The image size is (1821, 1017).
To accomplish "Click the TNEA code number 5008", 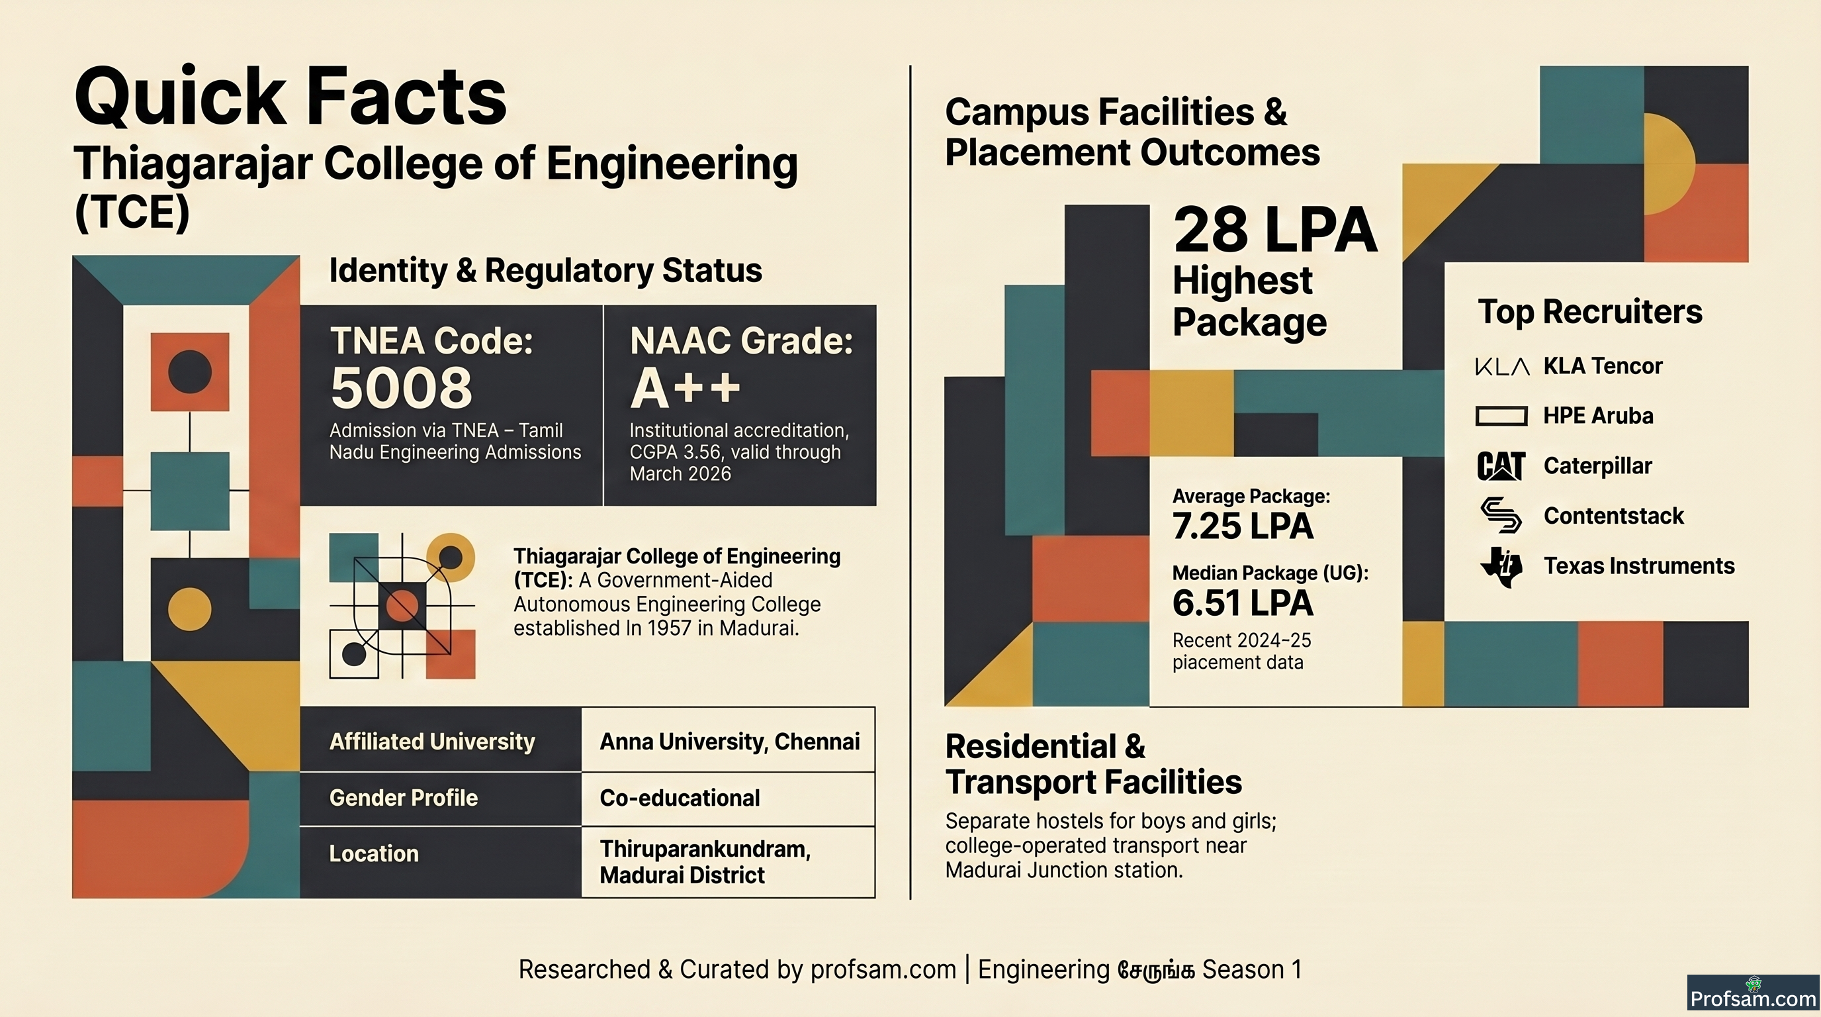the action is [x=401, y=388].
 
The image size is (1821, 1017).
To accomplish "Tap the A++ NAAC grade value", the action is [x=684, y=388].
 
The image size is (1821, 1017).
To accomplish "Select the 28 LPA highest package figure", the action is [x=1275, y=230].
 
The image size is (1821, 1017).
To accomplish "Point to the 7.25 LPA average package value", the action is [x=1243, y=526].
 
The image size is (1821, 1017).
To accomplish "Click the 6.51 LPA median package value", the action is [x=1243, y=603].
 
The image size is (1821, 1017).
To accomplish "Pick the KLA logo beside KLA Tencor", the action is [x=1502, y=366].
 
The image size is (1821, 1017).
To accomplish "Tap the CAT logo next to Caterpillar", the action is [x=1501, y=466].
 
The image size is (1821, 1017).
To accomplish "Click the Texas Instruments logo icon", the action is [x=1501, y=567].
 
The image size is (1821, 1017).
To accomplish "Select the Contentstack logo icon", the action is [x=1501, y=516].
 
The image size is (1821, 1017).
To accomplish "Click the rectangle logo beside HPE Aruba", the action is [x=1501, y=416].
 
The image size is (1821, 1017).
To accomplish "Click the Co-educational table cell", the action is [x=728, y=799].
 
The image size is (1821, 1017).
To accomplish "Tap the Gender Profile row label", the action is [x=404, y=798].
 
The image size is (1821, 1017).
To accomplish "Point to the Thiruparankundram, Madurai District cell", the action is [x=728, y=862].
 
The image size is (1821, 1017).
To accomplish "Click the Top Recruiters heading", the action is [x=1590, y=311].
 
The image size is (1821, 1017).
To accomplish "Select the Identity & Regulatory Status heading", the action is [x=546, y=270].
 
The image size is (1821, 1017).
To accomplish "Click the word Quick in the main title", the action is [x=180, y=97].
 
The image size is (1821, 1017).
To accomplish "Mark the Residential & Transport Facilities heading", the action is [x=1094, y=765].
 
